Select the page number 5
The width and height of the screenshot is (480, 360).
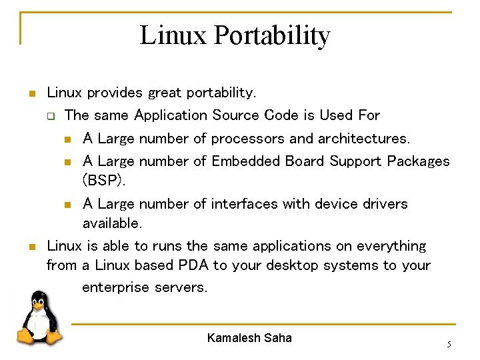[x=449, y=344]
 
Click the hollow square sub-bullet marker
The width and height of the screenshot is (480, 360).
[x=50, y=116]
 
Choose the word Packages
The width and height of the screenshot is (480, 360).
[x=418, y=161]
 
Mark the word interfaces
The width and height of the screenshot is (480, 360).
[x=245, y=203]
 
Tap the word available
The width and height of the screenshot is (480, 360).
[x=112, y=222]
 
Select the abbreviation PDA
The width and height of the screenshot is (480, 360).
[x=193, y=265]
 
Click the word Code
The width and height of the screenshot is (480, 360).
[x=281, y=115]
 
